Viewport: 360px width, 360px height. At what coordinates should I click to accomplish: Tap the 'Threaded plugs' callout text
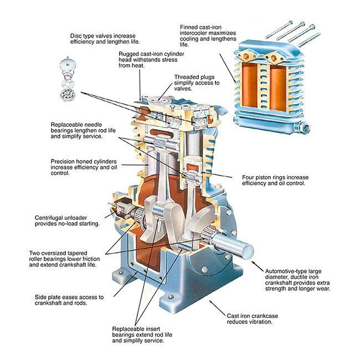point(197,83)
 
